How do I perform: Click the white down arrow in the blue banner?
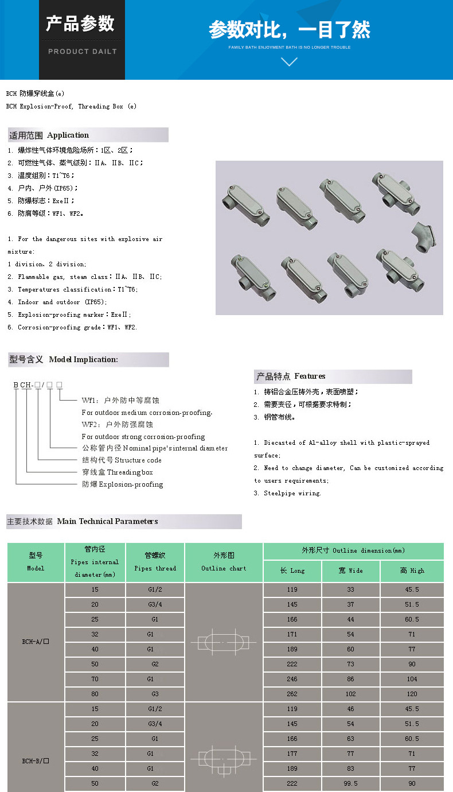pyautogui.click(x=289, y=61)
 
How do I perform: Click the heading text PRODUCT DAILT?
pyautogui.click(x=82, y=52)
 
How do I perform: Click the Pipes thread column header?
pyautogui.click(x=155, y=562)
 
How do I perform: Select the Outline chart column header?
pyautogui.click(x=224, y=562)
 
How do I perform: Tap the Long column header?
pyautogui.click(x=292, y=570)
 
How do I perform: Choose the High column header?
pyautogui.click(x=412, y=570)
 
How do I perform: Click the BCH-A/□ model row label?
pyautogui.click(x=36, y=642)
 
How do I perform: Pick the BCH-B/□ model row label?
pyautogui.click(x=36, y=761)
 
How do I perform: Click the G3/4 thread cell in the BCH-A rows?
pyautogui.click(x=155, y=604)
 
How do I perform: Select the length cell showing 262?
pyautogui.click(x=292, y=694)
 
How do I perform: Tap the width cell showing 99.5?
pyautogui.click(x=350, y=783)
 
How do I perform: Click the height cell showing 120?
pyautogui.click(x=412, y=694)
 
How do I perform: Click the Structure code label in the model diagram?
pyautogui.click(x=122, y=460)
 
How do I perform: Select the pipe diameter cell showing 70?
pyautogui.click(x=95, y=679)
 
